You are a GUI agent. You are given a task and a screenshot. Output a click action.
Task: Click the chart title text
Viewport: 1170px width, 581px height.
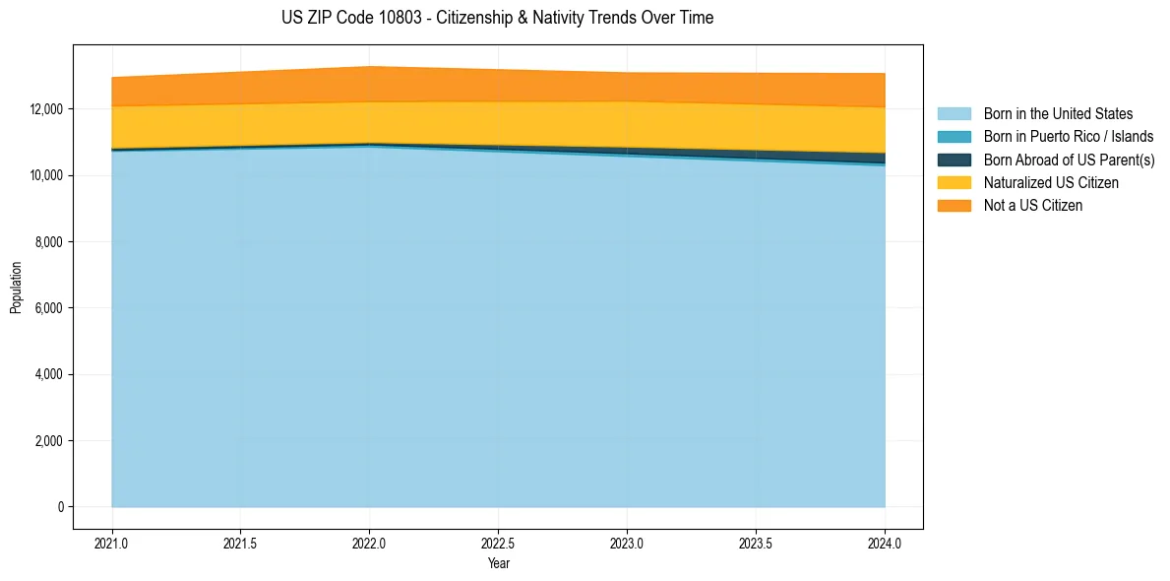coord(497,18)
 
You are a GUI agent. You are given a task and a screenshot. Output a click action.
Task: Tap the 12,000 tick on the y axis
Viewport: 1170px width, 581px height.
coord(46,109)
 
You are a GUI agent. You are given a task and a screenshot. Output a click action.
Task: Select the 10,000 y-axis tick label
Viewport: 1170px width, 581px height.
coord(46,175)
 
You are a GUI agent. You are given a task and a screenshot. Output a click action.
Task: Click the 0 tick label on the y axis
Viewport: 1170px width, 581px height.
coord(60,507)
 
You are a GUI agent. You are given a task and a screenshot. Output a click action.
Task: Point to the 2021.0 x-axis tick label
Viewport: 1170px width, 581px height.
coord(112,543)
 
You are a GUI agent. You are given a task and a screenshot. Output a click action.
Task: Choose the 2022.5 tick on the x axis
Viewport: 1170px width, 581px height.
coord(499,543)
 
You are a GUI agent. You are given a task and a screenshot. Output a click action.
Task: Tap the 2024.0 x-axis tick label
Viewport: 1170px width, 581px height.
coord(885,543)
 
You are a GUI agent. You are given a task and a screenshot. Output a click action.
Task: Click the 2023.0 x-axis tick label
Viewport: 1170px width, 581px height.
coord(627,543)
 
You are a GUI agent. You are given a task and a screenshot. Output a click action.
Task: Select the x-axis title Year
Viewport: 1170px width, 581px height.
coord(499,563)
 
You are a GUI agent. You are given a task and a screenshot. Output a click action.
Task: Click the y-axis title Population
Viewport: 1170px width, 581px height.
coord(16,288)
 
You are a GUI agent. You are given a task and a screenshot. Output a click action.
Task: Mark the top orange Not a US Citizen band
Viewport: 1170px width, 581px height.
coord(498,85)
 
